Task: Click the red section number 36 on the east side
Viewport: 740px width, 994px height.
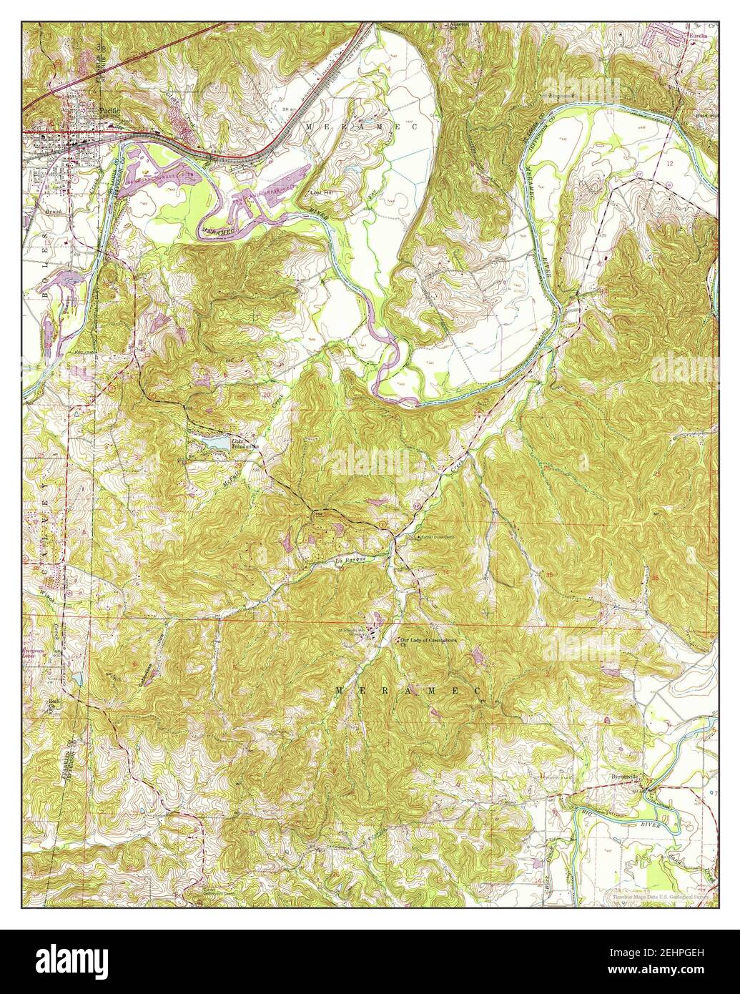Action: coord(656,577)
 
